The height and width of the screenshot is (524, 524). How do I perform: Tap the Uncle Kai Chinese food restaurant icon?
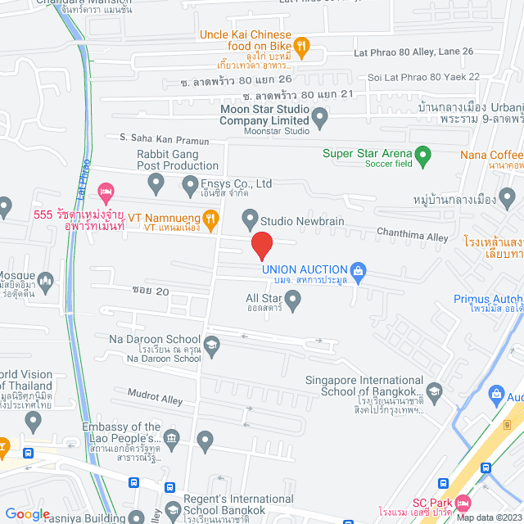pyautogui.click(x=301, y=47)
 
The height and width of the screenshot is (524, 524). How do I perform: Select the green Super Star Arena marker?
pyautogui.click(x=422, y=153)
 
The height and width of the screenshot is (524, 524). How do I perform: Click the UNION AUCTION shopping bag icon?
pyautogui.click(x=357, y=269)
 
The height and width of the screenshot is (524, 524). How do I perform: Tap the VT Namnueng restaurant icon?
pyautogui.click(x=210, y=219)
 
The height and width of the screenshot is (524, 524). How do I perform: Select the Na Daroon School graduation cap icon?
pyautogui.click(x=212, y=345)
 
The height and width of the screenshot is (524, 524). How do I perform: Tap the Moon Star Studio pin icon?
pyautogui.click(x=320, y=120)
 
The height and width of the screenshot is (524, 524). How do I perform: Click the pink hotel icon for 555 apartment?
pyautogui.click(x=105, y=192)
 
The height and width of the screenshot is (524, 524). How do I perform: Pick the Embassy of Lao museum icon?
pyautogui.click(x=171, y=441)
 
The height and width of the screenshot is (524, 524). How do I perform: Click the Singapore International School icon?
pyautogui.click(x=433, y=393)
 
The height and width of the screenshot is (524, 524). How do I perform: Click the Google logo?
pyautogui.click(x=28, y=513)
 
